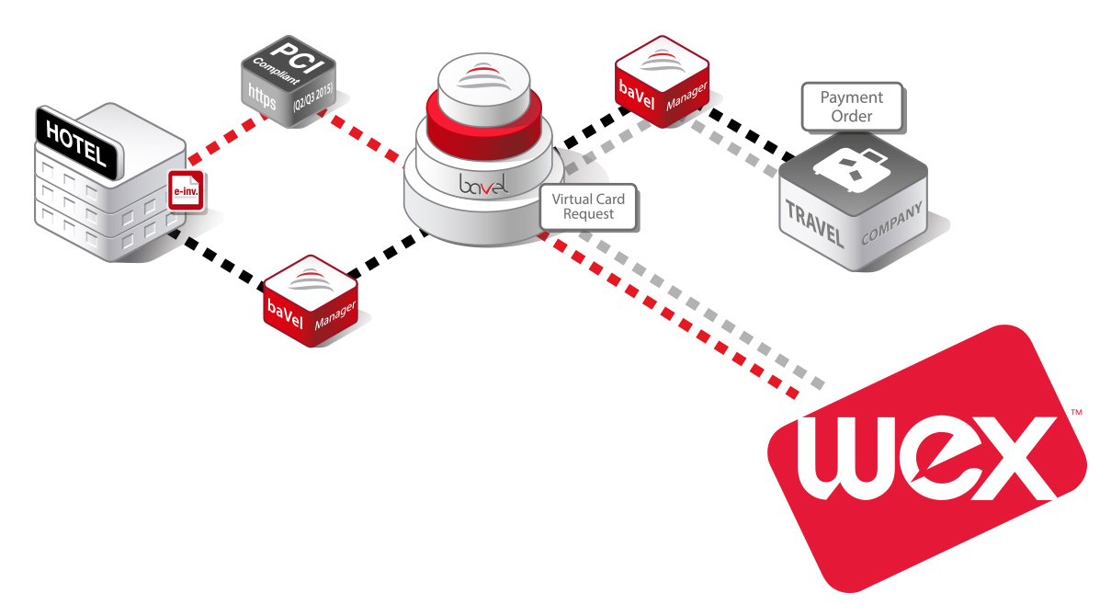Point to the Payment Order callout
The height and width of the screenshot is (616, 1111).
click(852, 107)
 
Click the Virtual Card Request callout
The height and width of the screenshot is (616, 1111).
click(588, 207)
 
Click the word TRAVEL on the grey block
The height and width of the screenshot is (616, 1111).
click(812, 221)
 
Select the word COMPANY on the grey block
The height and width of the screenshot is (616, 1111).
click(891, 224)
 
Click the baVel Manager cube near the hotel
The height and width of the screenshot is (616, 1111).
click(310, 301)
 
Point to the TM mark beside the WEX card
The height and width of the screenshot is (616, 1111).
click(1076, 413)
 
